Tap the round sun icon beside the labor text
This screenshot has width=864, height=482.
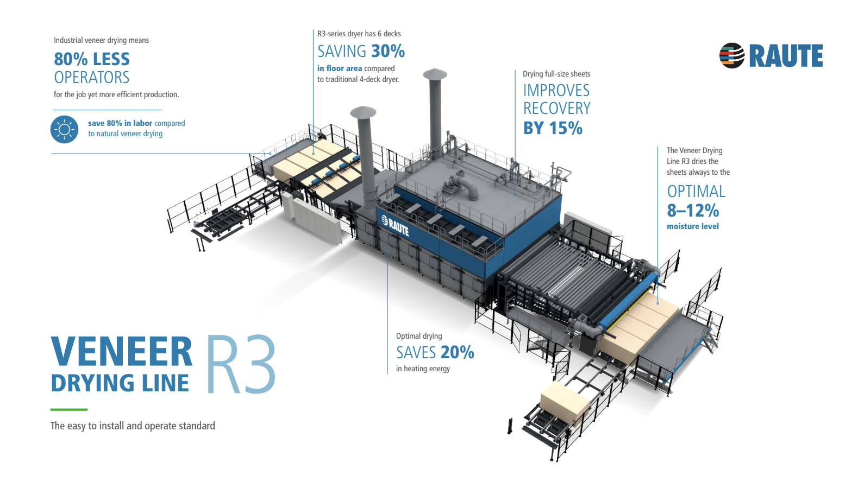point(64,129)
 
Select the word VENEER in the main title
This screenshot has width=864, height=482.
point(122,352)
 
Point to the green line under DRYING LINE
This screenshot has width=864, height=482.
point(68,409)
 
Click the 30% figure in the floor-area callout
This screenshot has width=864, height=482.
point(389,52)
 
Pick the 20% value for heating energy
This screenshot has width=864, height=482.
point(457,353)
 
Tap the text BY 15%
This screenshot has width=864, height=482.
point(553,129)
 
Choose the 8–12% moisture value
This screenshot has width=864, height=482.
point(693,211)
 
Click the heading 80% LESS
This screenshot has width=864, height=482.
point(92,59)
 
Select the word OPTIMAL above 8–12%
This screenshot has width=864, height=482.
point(696,192)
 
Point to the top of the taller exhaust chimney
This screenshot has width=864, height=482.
point(435,74)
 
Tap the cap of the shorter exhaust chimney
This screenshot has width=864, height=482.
point(363,112)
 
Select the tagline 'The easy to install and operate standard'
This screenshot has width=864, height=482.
point(133,426)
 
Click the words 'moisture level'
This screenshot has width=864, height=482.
point(692,226)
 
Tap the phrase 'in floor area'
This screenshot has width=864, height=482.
point(340,68)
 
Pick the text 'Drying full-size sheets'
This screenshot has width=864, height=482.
point(556,74)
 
